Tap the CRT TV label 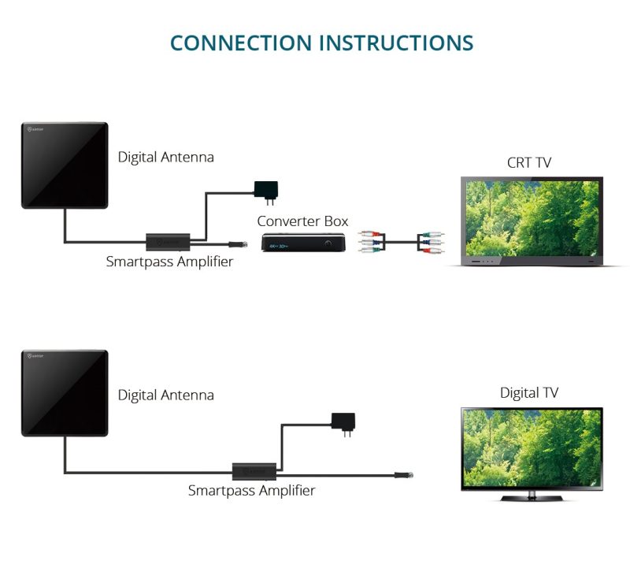[x=528, y=163]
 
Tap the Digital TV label [x=529, y=392]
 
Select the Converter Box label [x=302, y=221]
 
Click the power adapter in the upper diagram [x=265, y=190]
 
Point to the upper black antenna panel [x=65, y=165]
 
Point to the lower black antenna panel [x=65, y=393]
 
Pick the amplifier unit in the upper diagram [x=167, y=241]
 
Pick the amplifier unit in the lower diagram [x=254, y=472]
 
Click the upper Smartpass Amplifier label [x=169, y=262]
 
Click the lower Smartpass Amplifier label [x=251, y=491]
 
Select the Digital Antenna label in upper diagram [x=165, y=157]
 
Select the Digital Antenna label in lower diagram [x=165, y=395]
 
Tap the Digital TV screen [x=532, y=449]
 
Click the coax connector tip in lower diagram [x=403, y=475]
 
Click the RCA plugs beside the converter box [x=369, y=241]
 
